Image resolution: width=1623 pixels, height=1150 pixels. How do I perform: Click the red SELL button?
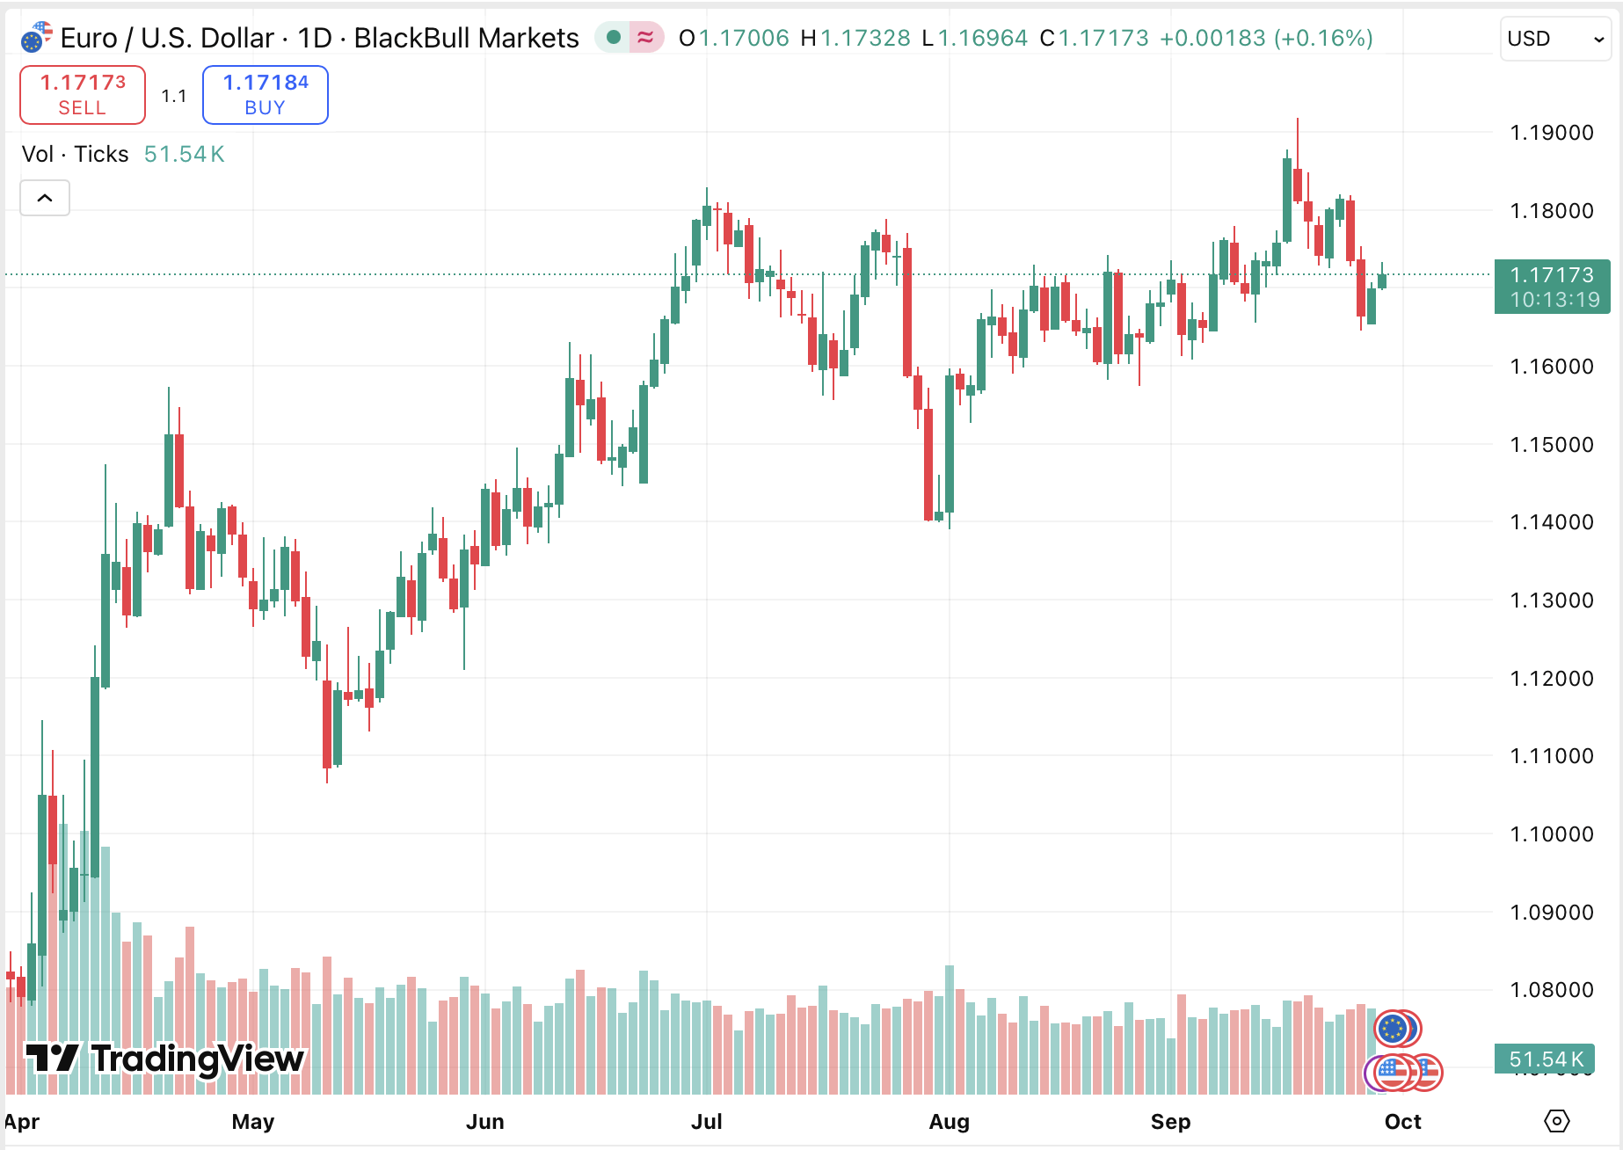[83, 95]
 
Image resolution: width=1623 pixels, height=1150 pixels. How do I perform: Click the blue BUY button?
[265, 95]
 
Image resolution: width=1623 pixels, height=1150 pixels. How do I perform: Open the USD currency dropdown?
[1554, 39]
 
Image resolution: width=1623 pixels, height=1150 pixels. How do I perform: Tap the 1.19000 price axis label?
[1551, 133]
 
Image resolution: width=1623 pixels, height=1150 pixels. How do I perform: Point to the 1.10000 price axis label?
[1551, 833]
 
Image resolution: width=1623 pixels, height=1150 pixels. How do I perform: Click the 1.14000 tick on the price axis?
[1551, 522]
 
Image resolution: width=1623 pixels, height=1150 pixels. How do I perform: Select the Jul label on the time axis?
[706, 1122]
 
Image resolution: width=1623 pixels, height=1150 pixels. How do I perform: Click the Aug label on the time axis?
[949, 1122]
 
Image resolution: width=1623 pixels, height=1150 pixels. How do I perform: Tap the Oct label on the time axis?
[1402, 1122]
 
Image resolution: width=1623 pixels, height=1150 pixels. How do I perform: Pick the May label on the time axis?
[253, 1122]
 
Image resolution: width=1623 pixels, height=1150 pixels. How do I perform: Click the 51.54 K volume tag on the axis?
[1546, 1059]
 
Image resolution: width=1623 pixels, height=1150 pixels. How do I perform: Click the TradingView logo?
[164, 1059]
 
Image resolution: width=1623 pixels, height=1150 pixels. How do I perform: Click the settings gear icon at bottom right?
[1556, 1121]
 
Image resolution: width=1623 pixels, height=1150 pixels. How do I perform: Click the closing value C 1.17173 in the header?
[1094, 38]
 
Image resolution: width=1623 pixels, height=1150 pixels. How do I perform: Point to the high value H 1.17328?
[855, 38]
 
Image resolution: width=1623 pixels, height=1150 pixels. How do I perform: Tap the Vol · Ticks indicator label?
[76, 154]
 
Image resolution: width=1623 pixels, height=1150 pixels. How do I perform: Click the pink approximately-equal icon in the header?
[645, 37]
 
